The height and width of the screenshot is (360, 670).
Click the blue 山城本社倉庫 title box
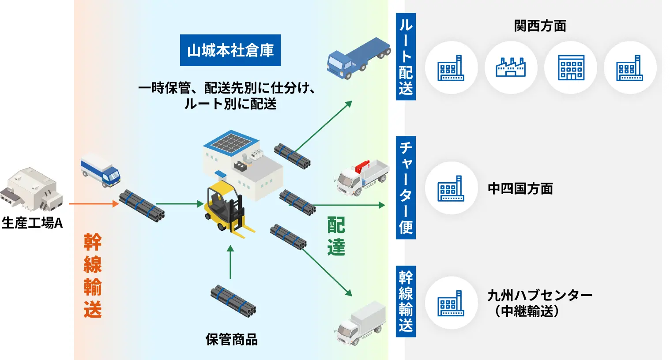click(230, 50)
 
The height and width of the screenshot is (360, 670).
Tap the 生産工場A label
click(32, 223)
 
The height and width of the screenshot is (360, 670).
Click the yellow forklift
click(228, 209)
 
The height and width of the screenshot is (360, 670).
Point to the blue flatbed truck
click(359, 58)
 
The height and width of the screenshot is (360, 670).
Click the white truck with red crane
click(361, 178)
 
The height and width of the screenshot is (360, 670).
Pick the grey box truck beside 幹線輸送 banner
click(360, 323)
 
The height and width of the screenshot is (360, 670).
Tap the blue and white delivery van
click(101, 170)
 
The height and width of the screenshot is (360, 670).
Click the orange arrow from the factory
click(94, 204)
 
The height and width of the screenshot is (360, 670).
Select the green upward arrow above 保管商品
click(230, 262)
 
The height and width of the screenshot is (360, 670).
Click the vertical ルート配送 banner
click(406, 56)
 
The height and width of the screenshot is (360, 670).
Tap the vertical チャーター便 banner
click(406, 188)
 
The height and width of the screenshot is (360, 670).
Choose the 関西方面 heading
click(540, 26)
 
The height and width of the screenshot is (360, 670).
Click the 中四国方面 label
click(520, 189)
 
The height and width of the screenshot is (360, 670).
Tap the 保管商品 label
click(232, 339)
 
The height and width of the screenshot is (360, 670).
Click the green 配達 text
click(336, 236)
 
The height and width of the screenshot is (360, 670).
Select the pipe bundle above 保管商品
click(233, 301)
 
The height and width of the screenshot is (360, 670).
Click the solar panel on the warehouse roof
click(231, 142)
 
